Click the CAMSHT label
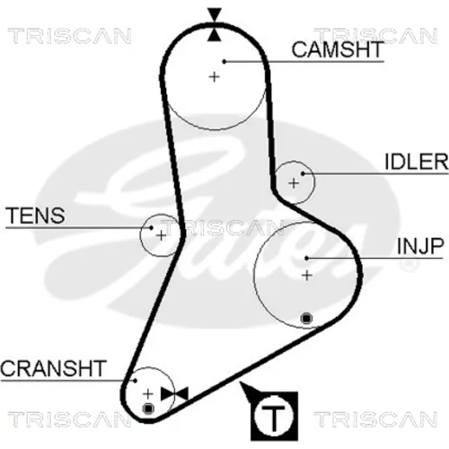click(x=338, y=49)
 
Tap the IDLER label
click(x=417, y=162)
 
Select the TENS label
click(x=35, y=216)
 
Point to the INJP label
click(x=420, y=246)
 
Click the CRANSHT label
click(x=53, y=368)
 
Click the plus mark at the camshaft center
click(x=214, y=77)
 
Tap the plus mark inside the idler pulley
click(x=294, y=183)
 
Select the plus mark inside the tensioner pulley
click(x=161, y=235)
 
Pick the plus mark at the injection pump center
click(x=307, y=276)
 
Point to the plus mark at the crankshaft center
click(x=148, y=394)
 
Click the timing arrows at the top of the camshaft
click(x=215, y=24)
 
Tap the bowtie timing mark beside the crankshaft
click(x=174, y=393)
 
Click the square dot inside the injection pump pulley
click(x=306, y=318)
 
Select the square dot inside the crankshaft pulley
click(x=148, y=409)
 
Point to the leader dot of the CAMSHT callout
click(x=224, y=61)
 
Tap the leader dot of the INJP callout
click(x=306, y=258)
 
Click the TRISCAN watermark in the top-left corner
click(x=69, y=36)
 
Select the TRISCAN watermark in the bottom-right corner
click(x=375, y=419)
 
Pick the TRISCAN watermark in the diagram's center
click(x=222, y=227)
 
